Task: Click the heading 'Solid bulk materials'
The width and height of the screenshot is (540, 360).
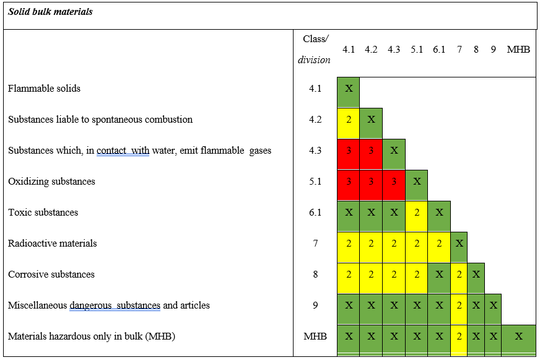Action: pos(51,12)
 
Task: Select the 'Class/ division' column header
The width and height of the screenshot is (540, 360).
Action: pos(315,50)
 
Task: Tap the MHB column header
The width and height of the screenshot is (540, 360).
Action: pos(518,50)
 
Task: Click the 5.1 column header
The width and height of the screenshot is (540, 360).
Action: pos(417,50)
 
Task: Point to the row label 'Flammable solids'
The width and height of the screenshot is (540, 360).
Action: pos(45,89)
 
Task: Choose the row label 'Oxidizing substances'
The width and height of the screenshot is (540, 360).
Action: pos(52,182)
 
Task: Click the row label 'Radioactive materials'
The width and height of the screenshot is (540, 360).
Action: pos(53,244)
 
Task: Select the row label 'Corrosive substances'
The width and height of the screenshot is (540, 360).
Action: pos(51,274)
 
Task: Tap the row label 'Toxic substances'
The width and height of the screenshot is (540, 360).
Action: pos(43,213)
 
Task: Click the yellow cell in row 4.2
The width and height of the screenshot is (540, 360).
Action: pos(349,120)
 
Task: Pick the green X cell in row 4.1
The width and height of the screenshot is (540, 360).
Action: pos(349,89)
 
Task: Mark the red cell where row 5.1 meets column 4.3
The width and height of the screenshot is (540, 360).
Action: pos(394,182)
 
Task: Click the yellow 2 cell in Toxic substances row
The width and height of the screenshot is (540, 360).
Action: pos(417,213)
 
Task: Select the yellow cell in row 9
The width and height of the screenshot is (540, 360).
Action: pos(459,305)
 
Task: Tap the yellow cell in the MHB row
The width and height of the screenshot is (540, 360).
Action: pos(459,336)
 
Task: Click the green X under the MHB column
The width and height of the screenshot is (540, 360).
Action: pos(518,336)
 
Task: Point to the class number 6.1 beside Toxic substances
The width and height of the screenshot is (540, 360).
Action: pos(315,213)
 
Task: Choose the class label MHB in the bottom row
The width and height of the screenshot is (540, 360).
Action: pos(315,336)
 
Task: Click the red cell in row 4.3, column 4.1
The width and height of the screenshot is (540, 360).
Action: pos(349,151)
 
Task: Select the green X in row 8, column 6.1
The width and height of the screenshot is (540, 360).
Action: pos(439,274)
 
